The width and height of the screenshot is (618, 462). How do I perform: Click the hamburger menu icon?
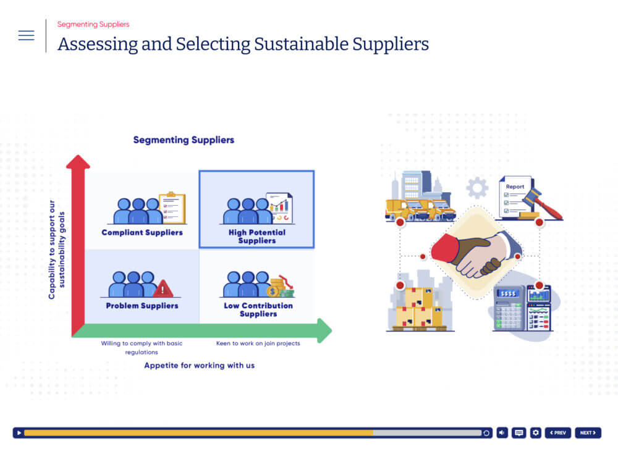(x=26, y=35)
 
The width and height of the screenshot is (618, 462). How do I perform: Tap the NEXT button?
(x=588, y=433)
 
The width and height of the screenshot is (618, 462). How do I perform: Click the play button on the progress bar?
(x=19, y=433)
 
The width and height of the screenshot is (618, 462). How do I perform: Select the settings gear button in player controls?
(x=536, y=433)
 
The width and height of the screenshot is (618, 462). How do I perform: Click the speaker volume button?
(x=502, y=433)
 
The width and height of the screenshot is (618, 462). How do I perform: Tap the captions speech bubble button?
(x=519, y=433)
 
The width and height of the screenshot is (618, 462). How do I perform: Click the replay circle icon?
(x=486, y=433)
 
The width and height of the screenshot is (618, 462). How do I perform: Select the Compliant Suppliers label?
(x=142, y=232)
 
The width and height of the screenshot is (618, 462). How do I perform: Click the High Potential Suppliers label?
(x=257, y=237)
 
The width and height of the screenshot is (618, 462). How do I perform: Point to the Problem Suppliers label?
(x=142, y=306)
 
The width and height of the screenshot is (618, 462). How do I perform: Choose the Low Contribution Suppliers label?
(x=258, y=309)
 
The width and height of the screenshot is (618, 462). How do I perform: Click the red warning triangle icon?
(x=163, y=288)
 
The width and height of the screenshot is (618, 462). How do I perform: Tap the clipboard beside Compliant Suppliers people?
(x=172, y=208)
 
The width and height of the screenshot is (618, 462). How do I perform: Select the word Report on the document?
(x=515, y=187)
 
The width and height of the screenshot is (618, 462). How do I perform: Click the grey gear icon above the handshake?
(x=477, y=188)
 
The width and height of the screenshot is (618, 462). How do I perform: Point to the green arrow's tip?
(x=331, y=330)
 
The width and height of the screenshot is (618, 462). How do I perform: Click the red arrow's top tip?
(x=78, y=155)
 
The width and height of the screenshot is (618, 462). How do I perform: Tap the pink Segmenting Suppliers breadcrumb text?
(x=93, y=25)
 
